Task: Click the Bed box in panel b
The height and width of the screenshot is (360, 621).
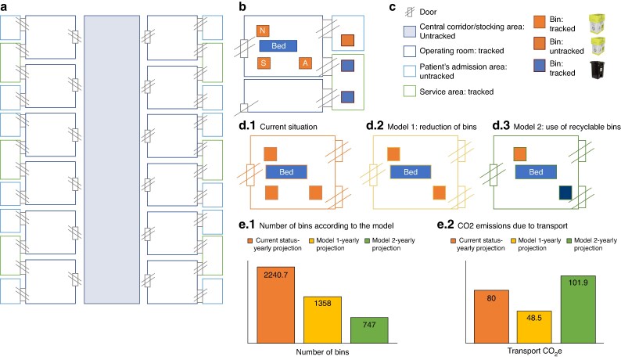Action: click(x=278, y=46)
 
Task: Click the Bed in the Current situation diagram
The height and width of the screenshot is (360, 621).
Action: click(x=288, y=171)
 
